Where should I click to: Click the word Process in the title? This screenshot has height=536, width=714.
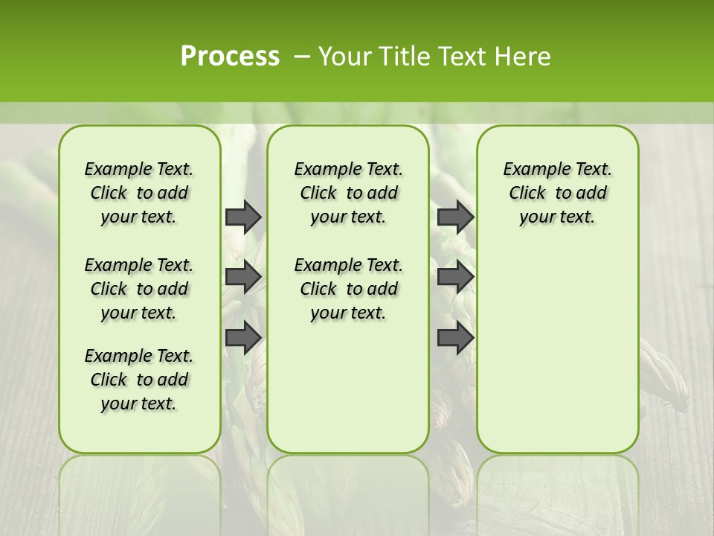point(230,57)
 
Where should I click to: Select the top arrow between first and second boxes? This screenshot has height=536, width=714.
point(243,217)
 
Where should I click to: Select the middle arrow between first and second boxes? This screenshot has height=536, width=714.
point(243,277)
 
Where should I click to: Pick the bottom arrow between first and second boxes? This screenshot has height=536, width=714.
point(243,336)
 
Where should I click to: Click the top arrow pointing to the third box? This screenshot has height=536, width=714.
point(455,217)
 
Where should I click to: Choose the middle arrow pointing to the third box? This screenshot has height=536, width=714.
point(455,277)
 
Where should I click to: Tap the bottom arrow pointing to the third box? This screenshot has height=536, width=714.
point(455,336)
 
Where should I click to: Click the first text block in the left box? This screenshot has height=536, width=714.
point(139,193)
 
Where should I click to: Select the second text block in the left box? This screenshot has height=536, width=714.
point(139,289)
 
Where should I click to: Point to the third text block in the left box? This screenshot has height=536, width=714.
point(139,380)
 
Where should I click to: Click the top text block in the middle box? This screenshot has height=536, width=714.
point(348,193)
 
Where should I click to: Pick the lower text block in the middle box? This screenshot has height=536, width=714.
point(348,289)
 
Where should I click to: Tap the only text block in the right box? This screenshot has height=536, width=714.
point(557,193)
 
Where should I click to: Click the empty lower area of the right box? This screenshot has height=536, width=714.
point(557,350)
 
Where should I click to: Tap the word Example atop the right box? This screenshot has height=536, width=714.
point(529,169)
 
